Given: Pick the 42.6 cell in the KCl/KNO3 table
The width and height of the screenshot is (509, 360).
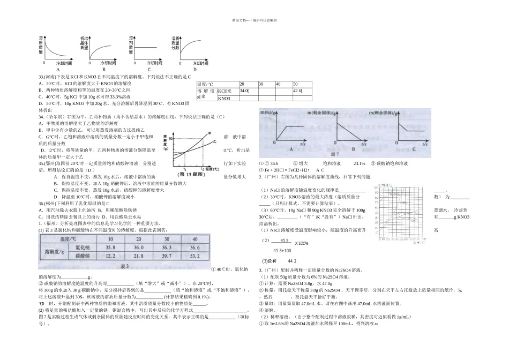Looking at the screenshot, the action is tap(297, 91).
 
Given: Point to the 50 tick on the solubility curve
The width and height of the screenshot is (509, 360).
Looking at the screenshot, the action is tap(171, 138).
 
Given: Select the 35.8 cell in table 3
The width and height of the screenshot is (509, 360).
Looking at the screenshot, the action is tap(111, 247).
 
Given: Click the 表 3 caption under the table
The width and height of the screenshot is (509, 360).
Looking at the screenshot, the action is tap(125, 266).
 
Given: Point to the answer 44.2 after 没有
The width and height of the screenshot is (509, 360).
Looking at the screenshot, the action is tap(292, 261).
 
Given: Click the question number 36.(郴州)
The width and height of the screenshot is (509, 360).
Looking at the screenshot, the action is tap(49, 204).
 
